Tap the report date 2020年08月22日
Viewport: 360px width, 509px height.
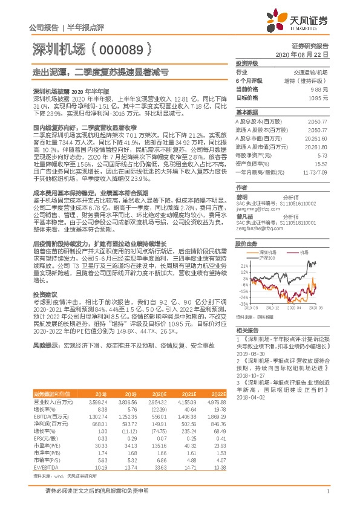tap(307, 54)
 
